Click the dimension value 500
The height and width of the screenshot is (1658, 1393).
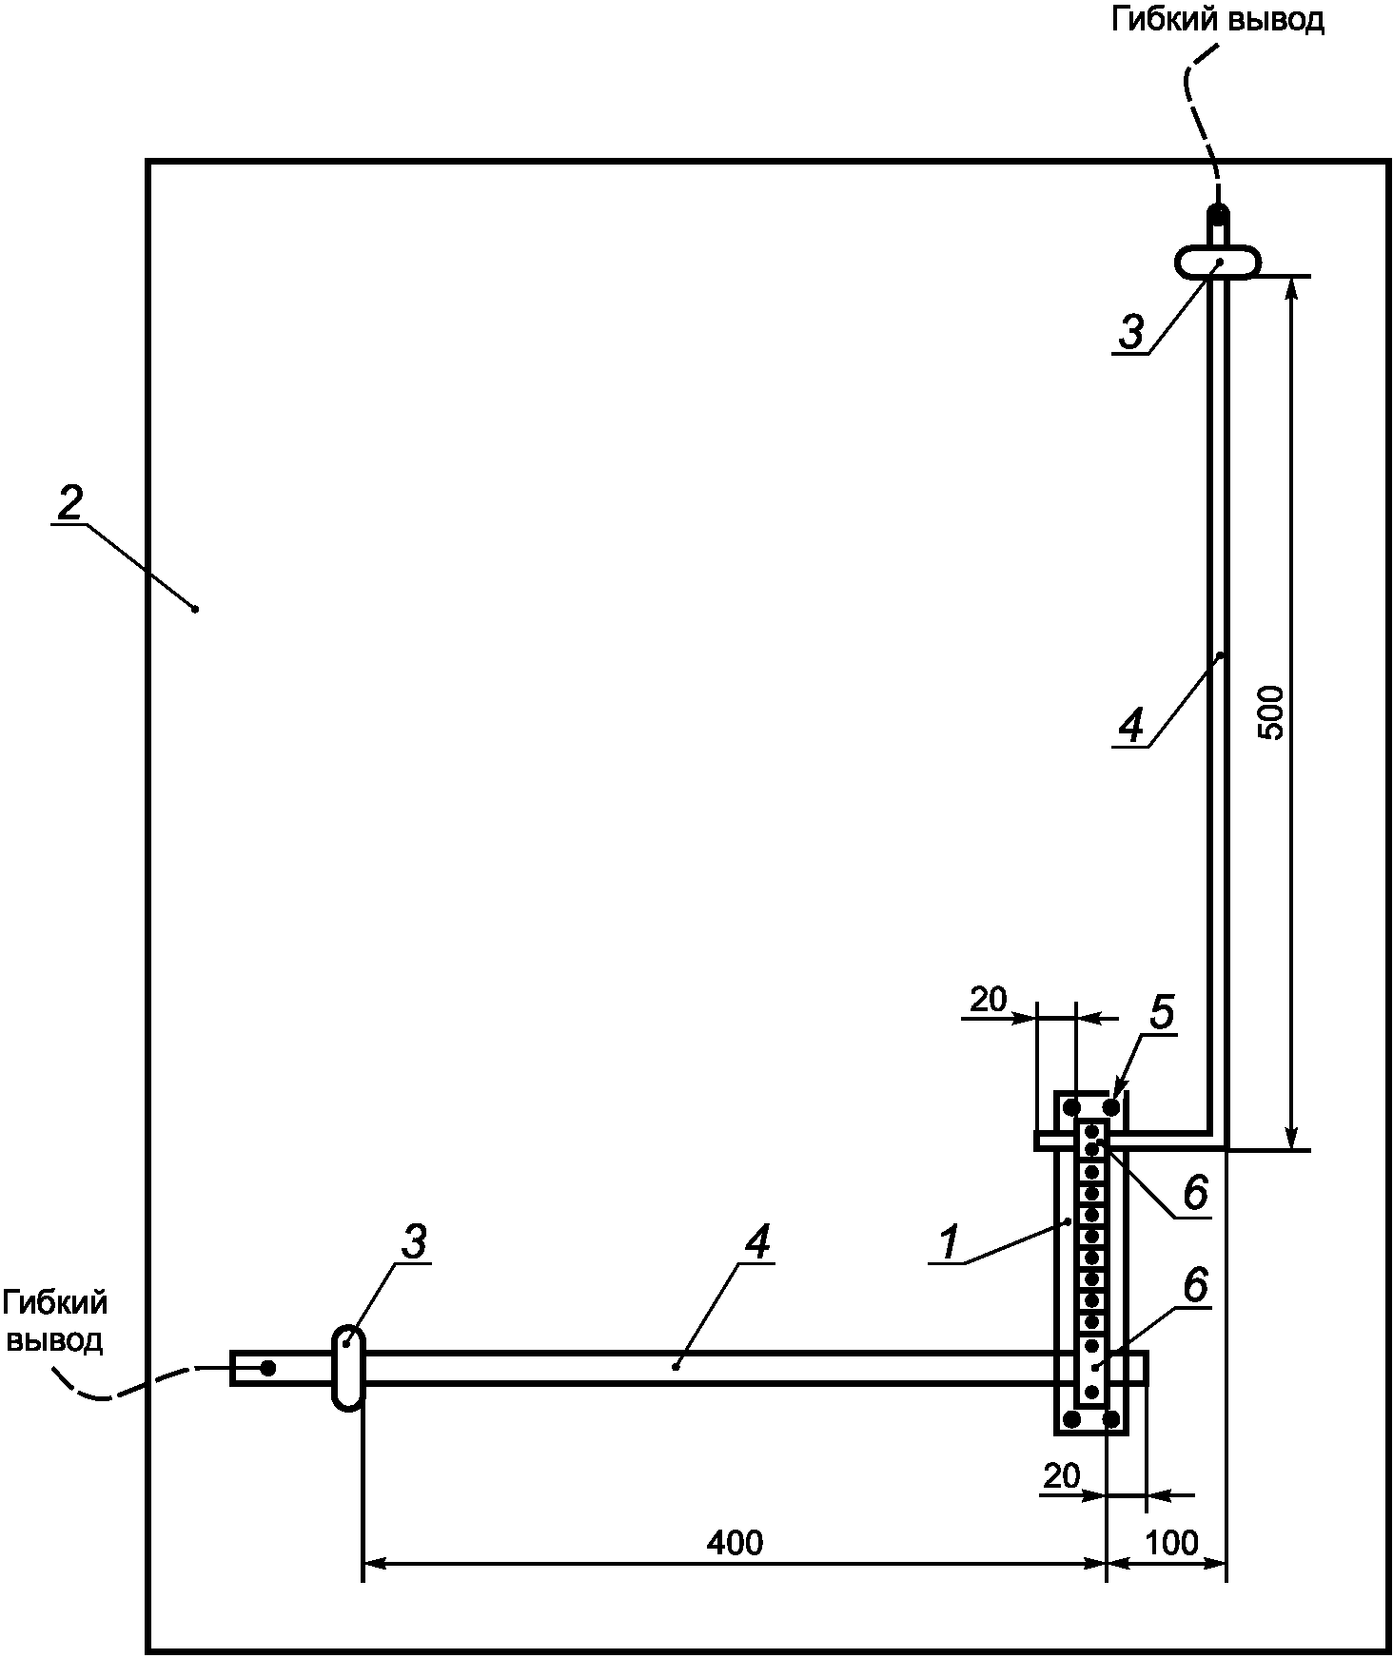[x=1271, y=712]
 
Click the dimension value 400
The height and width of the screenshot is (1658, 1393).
[x=735, y=1542]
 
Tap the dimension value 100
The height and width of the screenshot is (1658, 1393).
[x=1171, y=1542]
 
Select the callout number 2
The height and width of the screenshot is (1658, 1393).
[x=69, y=503]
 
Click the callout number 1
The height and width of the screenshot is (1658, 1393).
[x=949, y=1242]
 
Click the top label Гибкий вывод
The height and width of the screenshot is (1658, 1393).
[x=1218, y=20]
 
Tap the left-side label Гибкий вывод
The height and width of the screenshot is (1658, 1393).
[x=55, y=1321]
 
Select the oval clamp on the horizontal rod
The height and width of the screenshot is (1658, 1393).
[x=348, y=1367]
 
